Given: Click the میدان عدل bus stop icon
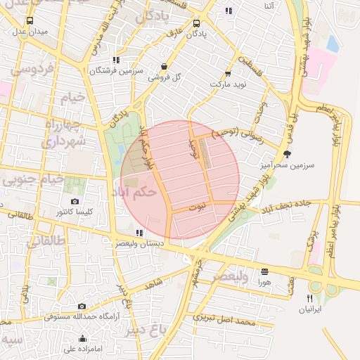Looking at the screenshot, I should point(29,20).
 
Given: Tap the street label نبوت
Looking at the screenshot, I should point(199,207).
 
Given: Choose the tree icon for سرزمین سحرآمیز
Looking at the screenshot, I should point(286,153).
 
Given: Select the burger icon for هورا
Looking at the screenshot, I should point(264,271).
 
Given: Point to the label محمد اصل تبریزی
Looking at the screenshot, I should point(224,321).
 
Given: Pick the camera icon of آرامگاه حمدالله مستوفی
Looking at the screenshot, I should point(82,306).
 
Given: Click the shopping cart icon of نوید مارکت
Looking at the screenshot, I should point(228,73).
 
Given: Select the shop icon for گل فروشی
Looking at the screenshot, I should point(164,67).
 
